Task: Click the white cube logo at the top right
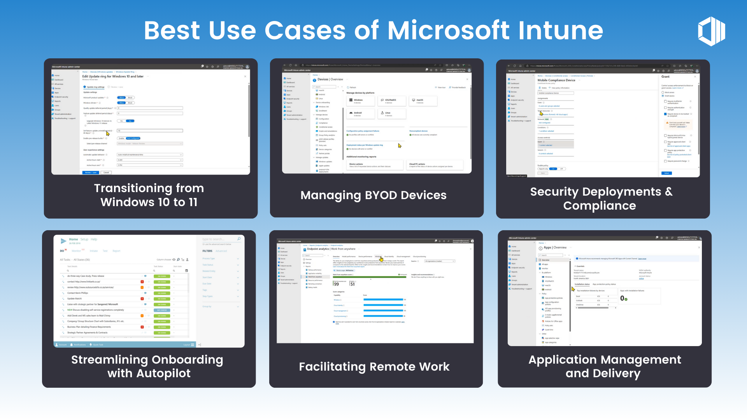tap(712, 31)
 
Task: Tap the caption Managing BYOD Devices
tap(373, 195)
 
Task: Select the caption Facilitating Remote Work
tap(374, 367)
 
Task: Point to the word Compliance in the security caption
tap(600, 206)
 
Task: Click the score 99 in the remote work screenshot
tap(337, 284)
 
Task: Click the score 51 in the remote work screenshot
tap(352, 284)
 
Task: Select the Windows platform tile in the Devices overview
tap(360, 101)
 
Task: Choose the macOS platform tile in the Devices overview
tap(421, 101)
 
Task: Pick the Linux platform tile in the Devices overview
tap(391, 114)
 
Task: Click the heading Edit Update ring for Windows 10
tap(113, 76)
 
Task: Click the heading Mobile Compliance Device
tap(556, 80)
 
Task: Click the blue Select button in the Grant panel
tap(666, 173)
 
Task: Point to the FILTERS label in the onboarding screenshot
tap(207, 251)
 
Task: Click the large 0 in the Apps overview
tap(622, 298)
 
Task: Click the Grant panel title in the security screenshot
tap(665, 77)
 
